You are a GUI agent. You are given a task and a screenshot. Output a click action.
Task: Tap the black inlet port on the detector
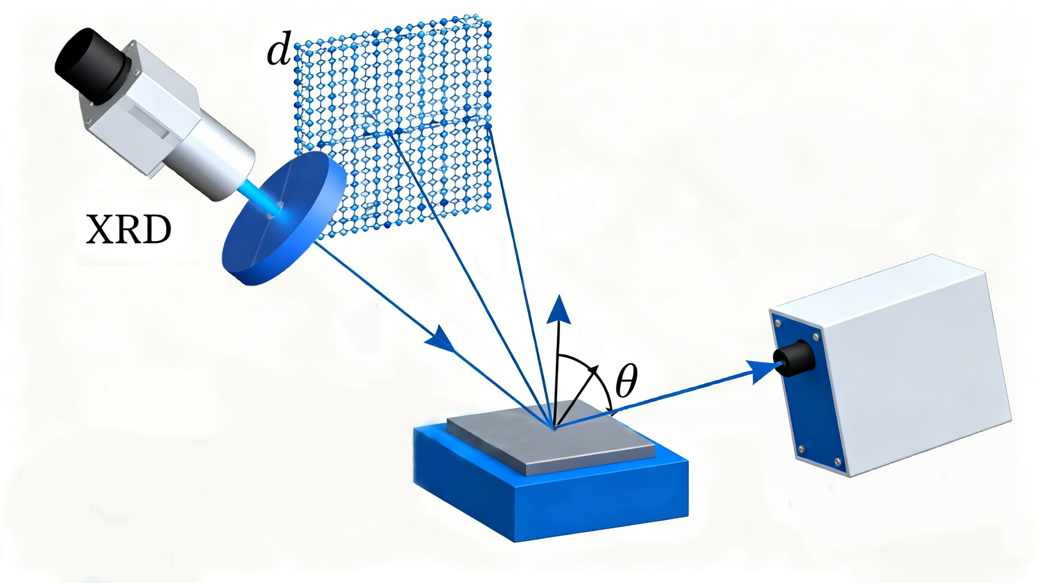tap(794, 358)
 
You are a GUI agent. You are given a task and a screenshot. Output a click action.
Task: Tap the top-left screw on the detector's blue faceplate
tap(778, 322)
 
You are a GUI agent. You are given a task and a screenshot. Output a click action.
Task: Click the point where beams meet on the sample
tap(554, 427)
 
